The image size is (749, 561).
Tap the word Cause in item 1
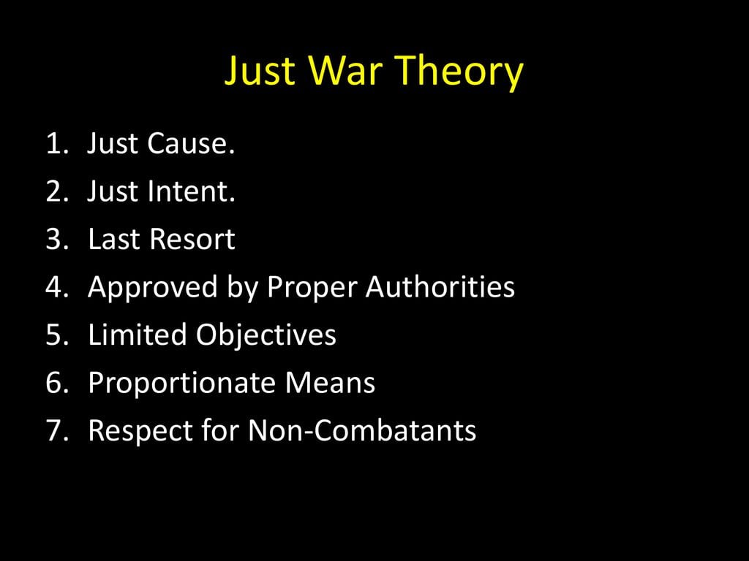tap(191, 143)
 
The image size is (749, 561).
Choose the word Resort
tap(192, 239)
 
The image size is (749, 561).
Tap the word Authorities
tap(440, 286)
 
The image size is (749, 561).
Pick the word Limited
tap(137, 335)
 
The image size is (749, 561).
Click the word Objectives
tap(266, 335)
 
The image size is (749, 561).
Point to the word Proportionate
tap(181, 383)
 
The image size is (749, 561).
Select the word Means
tap(330, 383)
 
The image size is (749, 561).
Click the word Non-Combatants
tap(362, 430)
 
